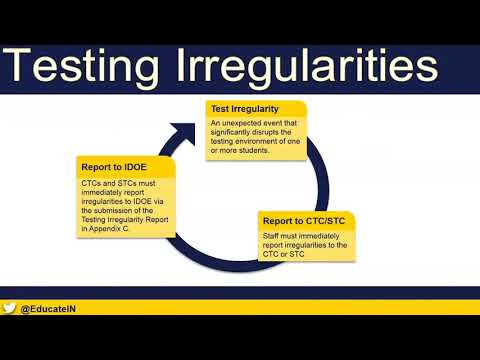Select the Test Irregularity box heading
coord(243,108)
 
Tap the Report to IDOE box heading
coord(113,168)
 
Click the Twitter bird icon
coord(10,310)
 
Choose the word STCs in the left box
coord(130,185)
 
